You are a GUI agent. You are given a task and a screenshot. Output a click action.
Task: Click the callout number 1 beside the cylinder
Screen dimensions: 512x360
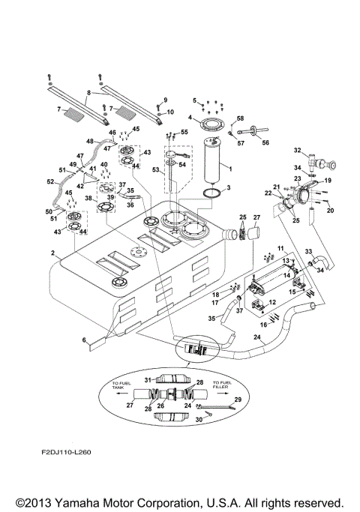pyautogui.click(x=229, y=169)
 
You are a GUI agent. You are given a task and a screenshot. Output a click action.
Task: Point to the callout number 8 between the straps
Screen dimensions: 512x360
pyautogui.click(x=89, y=93)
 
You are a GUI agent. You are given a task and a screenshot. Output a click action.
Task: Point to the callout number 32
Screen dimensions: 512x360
pyautogui.click(x=297, y=150)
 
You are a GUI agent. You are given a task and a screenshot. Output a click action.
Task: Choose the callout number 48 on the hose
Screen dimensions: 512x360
pyautogui.click(x=89, y=142)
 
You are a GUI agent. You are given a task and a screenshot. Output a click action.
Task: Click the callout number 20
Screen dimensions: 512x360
pyautogui.click(x=329, y=210)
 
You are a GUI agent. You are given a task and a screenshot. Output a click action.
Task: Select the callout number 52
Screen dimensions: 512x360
pyautogui.click(x=51, y=181)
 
